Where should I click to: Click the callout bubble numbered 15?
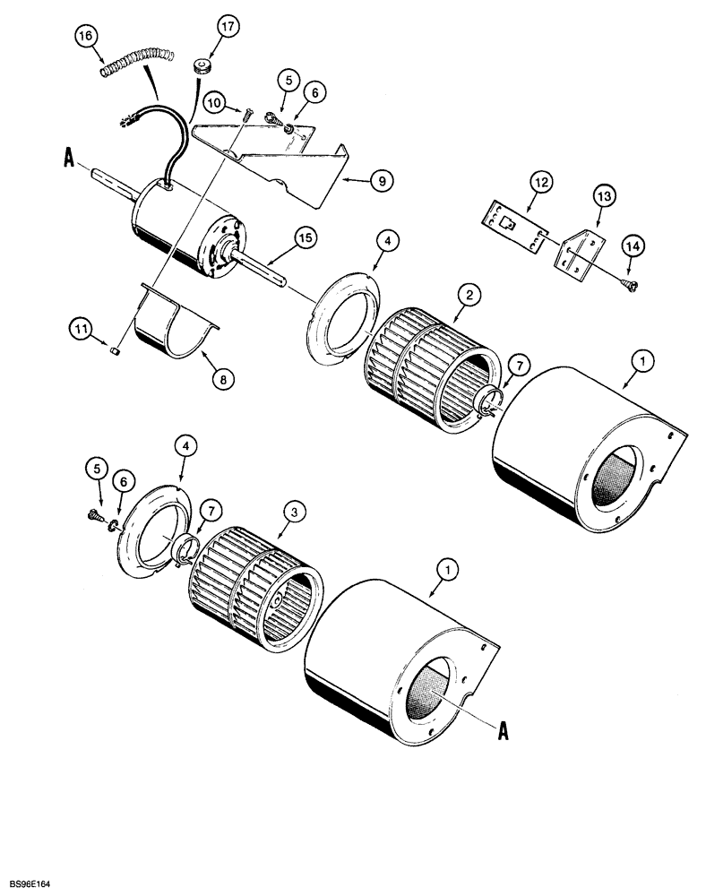[306, 237]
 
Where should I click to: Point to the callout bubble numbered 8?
[223, 379]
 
